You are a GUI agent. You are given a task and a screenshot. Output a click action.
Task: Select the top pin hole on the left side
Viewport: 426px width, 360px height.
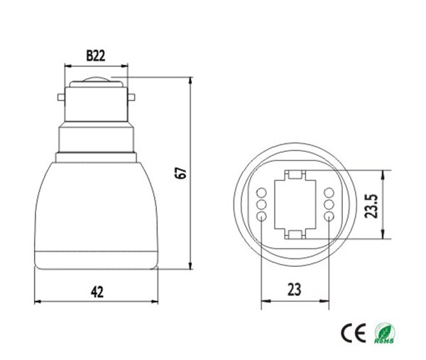tap(261, 192)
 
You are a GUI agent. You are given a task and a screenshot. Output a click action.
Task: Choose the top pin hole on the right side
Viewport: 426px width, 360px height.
tap(329, 192)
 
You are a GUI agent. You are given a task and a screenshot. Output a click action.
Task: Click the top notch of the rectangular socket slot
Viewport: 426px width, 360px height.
tap(294, 174)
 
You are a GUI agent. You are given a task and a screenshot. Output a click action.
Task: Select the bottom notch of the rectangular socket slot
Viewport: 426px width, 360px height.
tap(294, 234)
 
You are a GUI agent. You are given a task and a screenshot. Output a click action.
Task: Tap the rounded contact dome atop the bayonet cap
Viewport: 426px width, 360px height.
tap(97, 79)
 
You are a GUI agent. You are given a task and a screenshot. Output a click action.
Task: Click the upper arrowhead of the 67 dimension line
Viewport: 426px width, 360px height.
tap(191, 82)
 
